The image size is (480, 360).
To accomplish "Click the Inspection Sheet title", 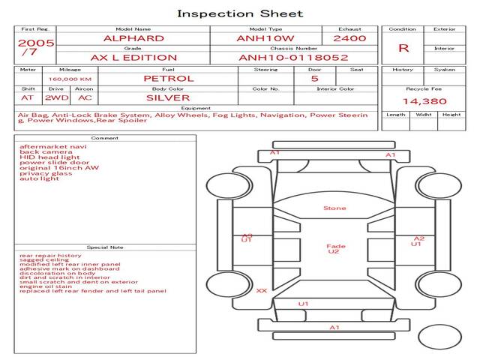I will [x=240, y=13].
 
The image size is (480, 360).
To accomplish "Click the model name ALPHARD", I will [x=134, y=37].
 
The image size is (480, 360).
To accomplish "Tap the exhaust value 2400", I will [x=349, y=37].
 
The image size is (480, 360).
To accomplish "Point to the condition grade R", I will [x=403, y=48].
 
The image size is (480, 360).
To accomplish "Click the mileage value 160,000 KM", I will [x=70, y=78].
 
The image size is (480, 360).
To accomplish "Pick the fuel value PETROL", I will [x=168, y=78].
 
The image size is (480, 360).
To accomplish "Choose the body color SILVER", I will [x=168, y=97].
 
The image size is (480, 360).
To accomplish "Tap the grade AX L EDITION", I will [x=133, y=57].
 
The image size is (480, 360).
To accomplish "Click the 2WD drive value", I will [x=53, y=97].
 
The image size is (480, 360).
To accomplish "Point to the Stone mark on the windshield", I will [x=334, y=208].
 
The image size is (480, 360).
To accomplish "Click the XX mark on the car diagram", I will [x=261, y=290].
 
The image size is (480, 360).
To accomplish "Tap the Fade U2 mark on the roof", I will [x=334, y=249].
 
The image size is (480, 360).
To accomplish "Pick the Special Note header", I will [x=104, y=247].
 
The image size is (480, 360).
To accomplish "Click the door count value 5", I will [x=314, y=78].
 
